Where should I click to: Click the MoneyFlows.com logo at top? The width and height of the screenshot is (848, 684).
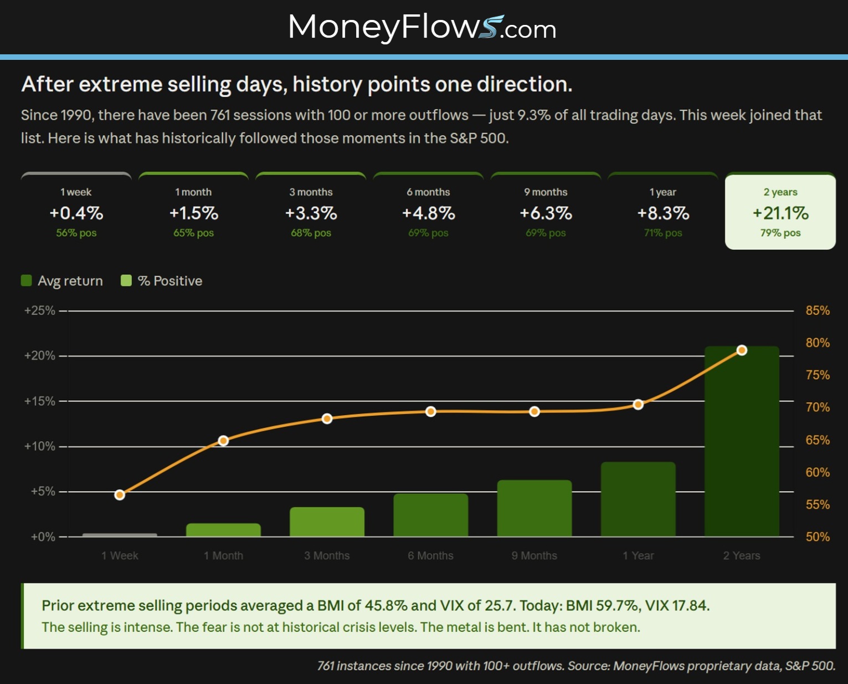(x=422, y=28)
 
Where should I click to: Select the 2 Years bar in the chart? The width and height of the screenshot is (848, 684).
(x=742, y=441)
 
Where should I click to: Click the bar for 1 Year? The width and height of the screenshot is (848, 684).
(x=638, y=499)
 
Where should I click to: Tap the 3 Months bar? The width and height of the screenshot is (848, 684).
(x=327, y=522)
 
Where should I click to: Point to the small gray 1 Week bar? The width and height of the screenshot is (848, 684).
(x=120, y=535)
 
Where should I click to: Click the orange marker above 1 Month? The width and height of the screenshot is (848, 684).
(x=223, y=441)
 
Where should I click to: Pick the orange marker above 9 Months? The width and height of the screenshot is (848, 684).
(x=535, y=412)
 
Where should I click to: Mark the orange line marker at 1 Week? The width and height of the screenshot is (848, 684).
(x=120, y=494)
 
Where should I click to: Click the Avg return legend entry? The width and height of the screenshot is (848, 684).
(x=62, y=281)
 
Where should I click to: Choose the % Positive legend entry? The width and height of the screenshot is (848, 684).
(x=162, y=281)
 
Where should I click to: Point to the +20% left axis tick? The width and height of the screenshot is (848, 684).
(x=40, y=356)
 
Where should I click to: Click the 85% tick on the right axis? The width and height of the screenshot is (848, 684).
(x=818, y=310)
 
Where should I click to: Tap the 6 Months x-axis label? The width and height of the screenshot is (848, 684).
(x=431, y=555)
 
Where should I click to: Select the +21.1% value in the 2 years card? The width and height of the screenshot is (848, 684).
(x=780, y=213)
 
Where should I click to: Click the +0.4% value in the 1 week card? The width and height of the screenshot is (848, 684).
(x=76, y=213)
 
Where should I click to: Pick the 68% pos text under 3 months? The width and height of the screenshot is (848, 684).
(x=311, y=233)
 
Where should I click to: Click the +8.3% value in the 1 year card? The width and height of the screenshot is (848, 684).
(x=663, y=213)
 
